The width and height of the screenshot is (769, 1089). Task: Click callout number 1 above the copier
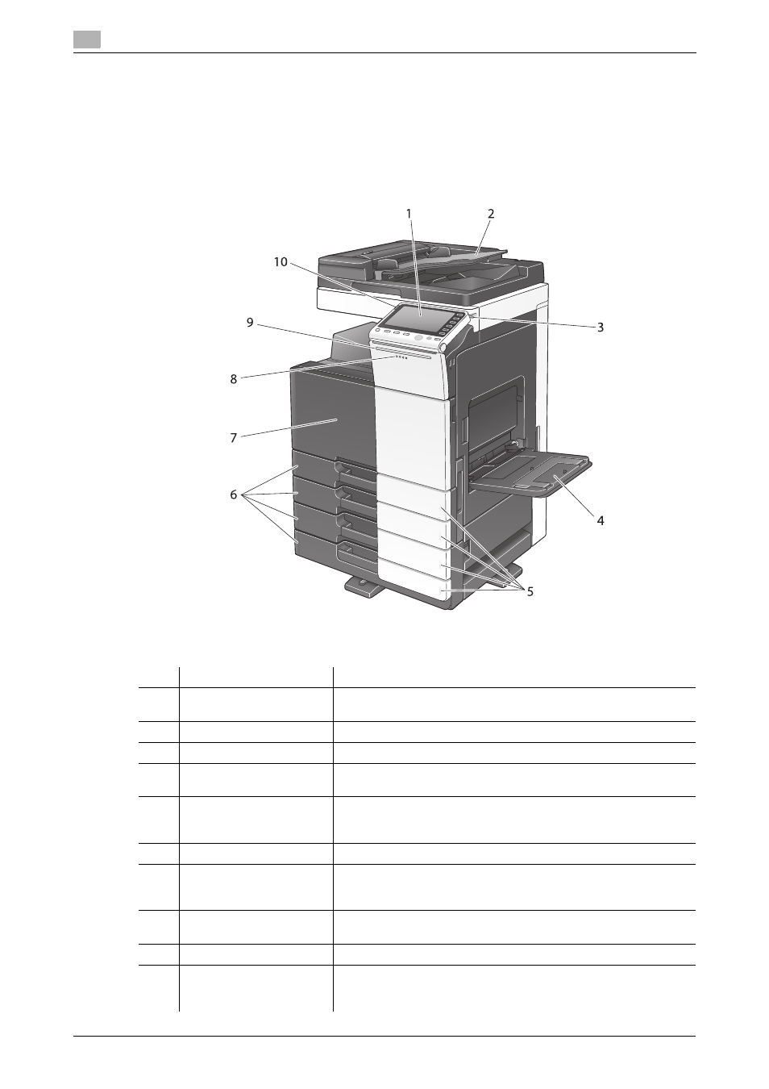(409, 214)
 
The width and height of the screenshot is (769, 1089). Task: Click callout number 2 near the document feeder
(491, 214)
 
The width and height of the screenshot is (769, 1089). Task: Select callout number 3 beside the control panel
(601, 328)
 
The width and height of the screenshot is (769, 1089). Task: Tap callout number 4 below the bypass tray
(601, 520)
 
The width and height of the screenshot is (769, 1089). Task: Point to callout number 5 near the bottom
(530, 591)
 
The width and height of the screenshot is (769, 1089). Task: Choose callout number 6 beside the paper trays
(234, 494)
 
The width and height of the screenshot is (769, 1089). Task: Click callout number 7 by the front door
(234, 438)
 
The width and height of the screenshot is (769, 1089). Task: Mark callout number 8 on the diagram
(234, 379)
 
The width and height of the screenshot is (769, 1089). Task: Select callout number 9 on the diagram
(250, 323)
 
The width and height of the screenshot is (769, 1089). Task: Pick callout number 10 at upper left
(281, 262)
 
